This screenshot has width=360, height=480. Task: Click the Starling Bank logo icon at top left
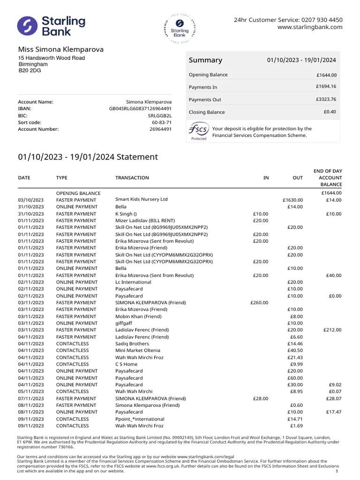pos(28,26)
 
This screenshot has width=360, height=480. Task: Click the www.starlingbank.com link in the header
pos(310,27)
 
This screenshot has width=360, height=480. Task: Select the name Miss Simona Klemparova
pos(61,49)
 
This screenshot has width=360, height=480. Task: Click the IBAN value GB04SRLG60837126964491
pos(140,108)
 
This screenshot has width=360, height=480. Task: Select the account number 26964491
pos(160,129)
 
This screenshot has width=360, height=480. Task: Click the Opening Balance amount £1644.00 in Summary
pos(327,75)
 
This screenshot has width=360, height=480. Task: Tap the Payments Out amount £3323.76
pos(326,99)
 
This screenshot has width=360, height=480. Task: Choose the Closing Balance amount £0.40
pos(330,112)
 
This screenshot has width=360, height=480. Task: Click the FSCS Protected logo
pos(199,132)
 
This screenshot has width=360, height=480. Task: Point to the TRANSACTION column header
pos(132,178)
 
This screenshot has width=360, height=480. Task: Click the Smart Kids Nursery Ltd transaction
pos(141,200)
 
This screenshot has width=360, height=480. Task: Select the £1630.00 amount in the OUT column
pos(293,200)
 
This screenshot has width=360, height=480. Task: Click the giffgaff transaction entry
pos(123,323)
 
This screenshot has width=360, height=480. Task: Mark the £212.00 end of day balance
pos(332,330)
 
